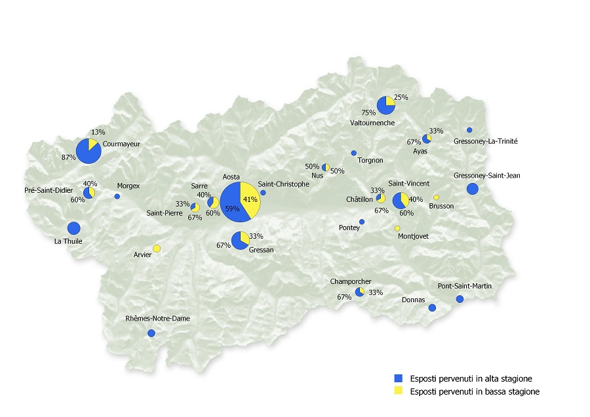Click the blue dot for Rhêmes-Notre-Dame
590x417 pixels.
(151, 333)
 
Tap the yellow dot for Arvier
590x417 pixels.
(157, 248)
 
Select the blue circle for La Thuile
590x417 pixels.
(73, 228)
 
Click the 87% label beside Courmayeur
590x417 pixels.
(68, 157)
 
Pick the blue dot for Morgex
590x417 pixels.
(117, 196)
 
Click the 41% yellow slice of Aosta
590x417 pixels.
(251, 199)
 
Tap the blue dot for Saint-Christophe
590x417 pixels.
(263, 193)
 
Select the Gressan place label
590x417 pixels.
(261, 250)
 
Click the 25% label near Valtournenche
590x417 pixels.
(401, 97)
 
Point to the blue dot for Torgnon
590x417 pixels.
(353, 153)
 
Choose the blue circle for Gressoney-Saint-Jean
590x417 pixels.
(472, 189)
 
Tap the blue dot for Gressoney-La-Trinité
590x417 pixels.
(469, 130)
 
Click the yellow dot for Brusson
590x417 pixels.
(436, 197)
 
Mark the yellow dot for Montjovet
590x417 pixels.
(397, 228)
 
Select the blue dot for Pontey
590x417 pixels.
(362, 222)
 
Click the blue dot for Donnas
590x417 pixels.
(431, 308)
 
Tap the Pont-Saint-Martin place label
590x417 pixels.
(465, 286)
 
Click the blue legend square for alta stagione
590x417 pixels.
(397, 378)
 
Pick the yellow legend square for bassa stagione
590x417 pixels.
(397, 391)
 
